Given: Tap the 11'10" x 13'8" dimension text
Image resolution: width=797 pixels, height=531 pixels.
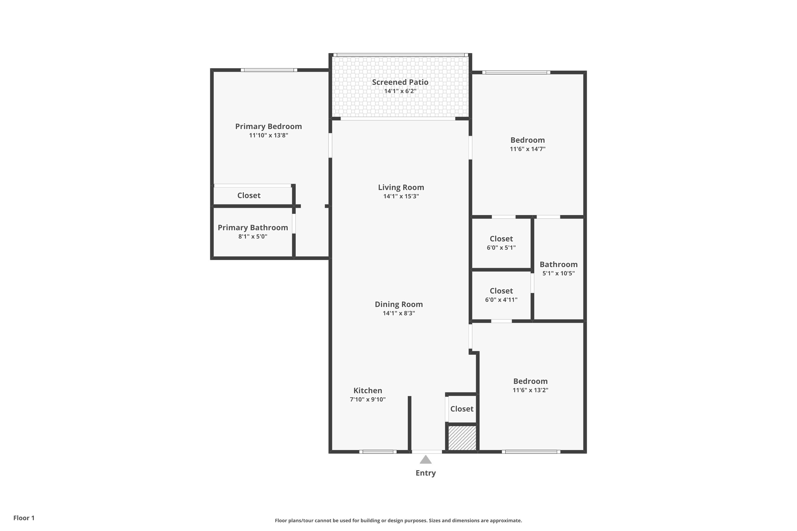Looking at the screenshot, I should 268,135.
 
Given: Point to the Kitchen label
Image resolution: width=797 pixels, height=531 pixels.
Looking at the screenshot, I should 368,391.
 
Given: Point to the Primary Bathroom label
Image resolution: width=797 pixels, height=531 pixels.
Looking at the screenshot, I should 253,228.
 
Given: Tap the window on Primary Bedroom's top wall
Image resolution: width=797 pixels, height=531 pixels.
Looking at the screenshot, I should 269,70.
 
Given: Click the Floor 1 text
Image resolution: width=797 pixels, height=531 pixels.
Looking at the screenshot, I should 24,518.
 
